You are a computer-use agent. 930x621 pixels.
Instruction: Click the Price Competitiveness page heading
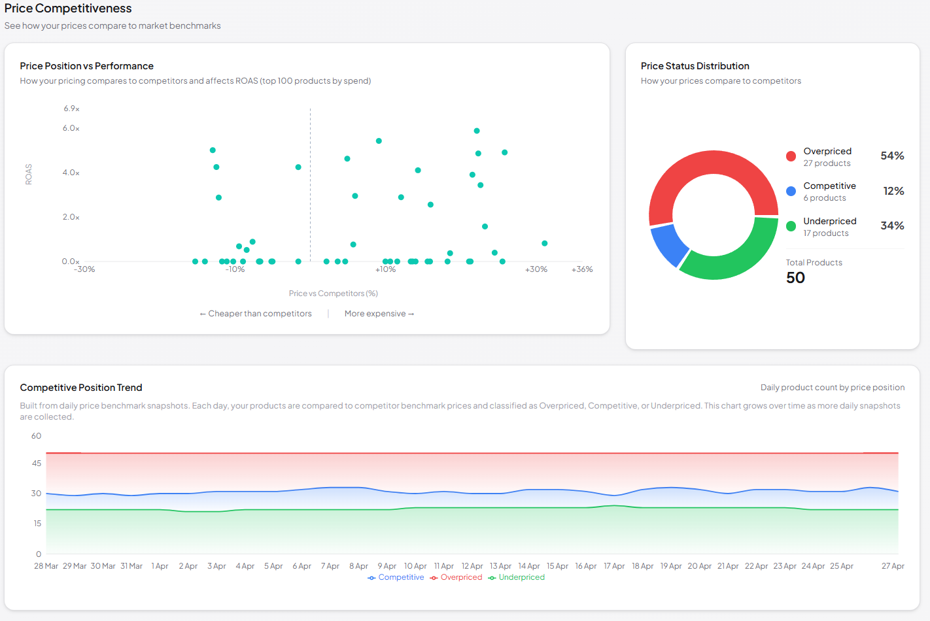pyautogui.click(x=68, y=8)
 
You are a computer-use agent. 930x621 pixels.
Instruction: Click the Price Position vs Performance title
pyautogui.click(x=86, y=66)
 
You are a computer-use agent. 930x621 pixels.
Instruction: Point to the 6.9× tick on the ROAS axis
pyautogui.click(x=71, y=109)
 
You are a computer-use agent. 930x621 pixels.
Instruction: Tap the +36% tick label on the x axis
pyautogui.click(x=582, y=269)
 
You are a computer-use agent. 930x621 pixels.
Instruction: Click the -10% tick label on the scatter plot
pyautogui.click(x=235, y=269)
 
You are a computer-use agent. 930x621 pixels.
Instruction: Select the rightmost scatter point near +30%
pyautogui.click(x=544, y=243)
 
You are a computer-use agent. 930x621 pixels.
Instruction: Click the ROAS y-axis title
pyautogui.click(x=29, y=174)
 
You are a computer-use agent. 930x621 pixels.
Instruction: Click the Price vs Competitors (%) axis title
pyautogui.click(x=333, y=294)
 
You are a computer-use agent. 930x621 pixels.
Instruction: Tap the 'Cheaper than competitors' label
pyautogui.click(x=256, y=314)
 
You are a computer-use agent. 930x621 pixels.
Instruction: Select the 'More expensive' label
pyautogui.click(x=379, y=314)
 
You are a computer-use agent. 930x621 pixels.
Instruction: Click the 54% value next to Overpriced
pyautogui.click(x=892, y=156)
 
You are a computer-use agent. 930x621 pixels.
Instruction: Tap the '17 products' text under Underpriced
pyautogui.click(x=826, y=233)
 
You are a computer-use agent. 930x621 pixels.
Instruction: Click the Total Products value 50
pyautogui.click(x=795, y=278)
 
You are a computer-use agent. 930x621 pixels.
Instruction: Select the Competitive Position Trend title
pyautogui.click(x=81, y=388)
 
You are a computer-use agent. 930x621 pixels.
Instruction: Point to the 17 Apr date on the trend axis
pyautogui.click(x=613, y=566)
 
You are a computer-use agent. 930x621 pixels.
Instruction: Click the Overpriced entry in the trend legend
pyautogui.click(x=461, y=577)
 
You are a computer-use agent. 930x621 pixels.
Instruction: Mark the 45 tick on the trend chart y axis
pyautogui.click(x=37, y=463)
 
